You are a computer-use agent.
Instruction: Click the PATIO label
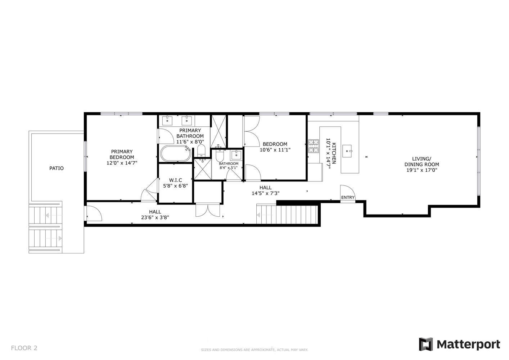click(x=57, y=168)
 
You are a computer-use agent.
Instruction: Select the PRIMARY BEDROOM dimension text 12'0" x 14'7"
click(x=122, y=163)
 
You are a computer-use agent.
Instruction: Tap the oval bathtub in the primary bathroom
click(x=175, y=154)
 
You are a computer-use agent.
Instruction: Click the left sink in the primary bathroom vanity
click(x=169, y=120)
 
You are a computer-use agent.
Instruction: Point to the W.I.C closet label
click(x=176, y=180)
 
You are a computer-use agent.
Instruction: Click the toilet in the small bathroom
click(x=220, y=156)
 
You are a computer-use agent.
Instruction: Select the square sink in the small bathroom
click(x=236, y=155)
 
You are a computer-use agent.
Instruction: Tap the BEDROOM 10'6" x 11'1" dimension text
click(x=275, y=150)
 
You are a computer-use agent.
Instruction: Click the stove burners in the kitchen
click(x=313, y=146)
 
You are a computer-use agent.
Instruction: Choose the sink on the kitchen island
click(x=347, y=150)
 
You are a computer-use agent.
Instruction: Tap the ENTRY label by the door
click(x=348, y=197)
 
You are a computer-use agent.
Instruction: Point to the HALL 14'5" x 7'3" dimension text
click(x=266, y=193)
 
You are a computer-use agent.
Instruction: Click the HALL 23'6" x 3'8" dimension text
click(x=155, y=217)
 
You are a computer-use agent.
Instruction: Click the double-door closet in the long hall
click(x=208, y=210)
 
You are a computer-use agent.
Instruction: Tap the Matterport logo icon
click(x=426, y=345)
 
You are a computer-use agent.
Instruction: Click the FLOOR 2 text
click(x=24, y=348)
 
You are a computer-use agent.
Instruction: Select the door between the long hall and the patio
click(x=94, y=213)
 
